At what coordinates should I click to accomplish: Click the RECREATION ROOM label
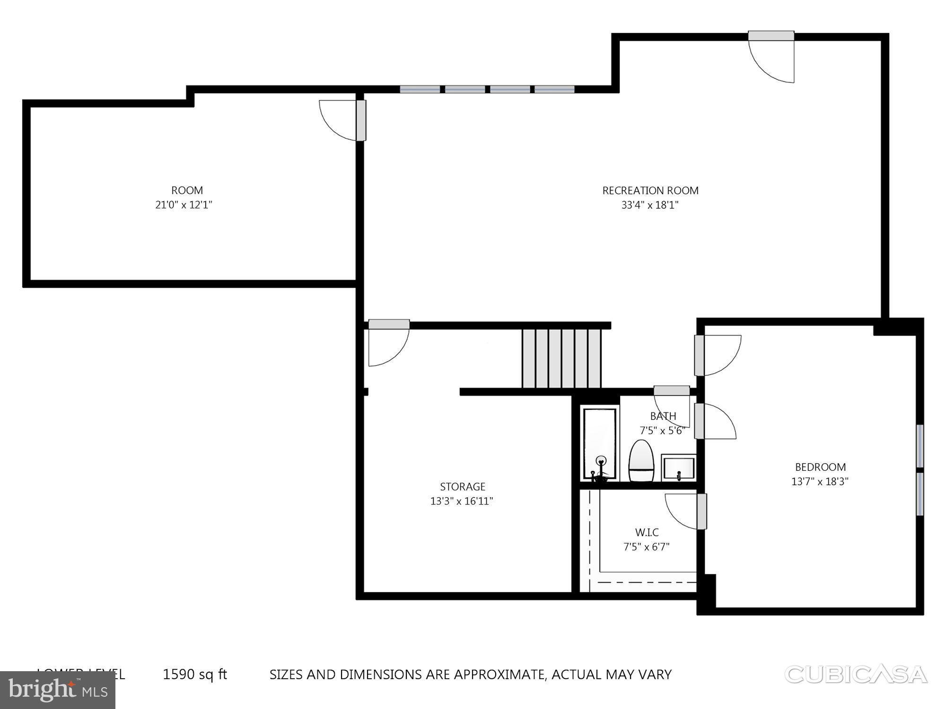(650, 190)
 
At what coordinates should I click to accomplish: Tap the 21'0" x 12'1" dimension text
(184, 205)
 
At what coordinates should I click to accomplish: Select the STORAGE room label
(463, 486)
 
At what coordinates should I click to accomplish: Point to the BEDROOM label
(820, 467)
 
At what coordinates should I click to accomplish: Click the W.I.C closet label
(647, 532)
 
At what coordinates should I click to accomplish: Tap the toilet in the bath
(641, 461)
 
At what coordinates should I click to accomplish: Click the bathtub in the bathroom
(600, 444)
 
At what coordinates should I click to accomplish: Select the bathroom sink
(678, 468)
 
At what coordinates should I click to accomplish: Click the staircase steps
(562, 358)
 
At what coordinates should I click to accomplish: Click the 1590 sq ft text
(195, 674)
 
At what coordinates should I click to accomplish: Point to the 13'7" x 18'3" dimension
(820, 482)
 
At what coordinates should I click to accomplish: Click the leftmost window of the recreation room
(420, 89)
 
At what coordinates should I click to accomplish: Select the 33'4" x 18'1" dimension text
(650, 205)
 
